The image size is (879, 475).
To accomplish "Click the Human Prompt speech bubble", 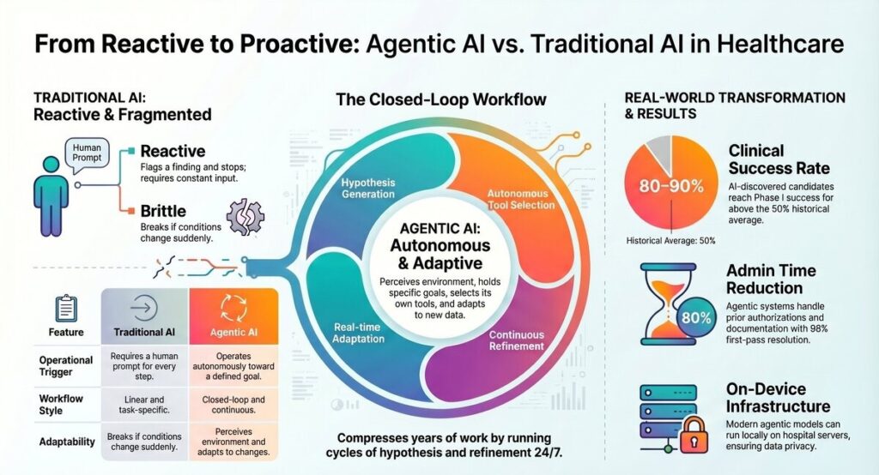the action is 87,153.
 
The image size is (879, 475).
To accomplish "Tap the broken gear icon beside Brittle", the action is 246,216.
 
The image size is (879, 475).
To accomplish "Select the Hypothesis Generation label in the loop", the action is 368,189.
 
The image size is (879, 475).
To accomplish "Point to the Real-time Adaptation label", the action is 358,333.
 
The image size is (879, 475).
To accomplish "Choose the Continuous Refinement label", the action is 516,340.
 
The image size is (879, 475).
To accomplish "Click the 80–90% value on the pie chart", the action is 671,186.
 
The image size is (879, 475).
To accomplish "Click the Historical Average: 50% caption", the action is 670,241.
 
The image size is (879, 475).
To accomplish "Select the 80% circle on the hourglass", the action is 696,318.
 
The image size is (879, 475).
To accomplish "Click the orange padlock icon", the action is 694,436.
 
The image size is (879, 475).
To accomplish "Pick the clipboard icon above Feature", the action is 66,308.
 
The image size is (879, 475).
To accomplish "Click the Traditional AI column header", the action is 144,316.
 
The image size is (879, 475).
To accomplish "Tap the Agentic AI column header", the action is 233,316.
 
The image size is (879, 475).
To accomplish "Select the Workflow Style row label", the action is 61,405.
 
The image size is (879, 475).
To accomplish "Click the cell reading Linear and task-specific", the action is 144,405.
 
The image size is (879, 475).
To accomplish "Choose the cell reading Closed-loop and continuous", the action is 233,405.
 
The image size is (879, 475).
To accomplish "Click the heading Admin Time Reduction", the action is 772,279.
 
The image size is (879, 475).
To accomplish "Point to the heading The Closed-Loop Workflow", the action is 440,99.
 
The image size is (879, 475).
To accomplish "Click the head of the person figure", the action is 51,164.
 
